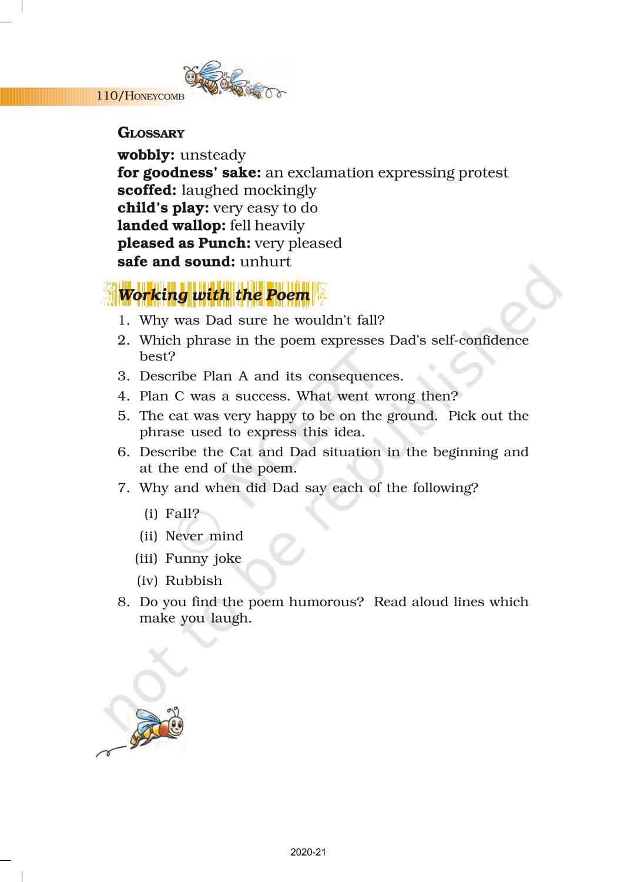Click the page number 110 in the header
(107, 95)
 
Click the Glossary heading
(151, 133)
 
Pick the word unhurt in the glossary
(266, 262)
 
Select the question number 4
(123, 396)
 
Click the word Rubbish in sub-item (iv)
(194, 581)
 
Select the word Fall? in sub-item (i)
(182, 514)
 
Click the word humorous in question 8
(326, 602)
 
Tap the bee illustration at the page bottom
(156, 729)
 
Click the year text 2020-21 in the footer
(308, 852)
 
